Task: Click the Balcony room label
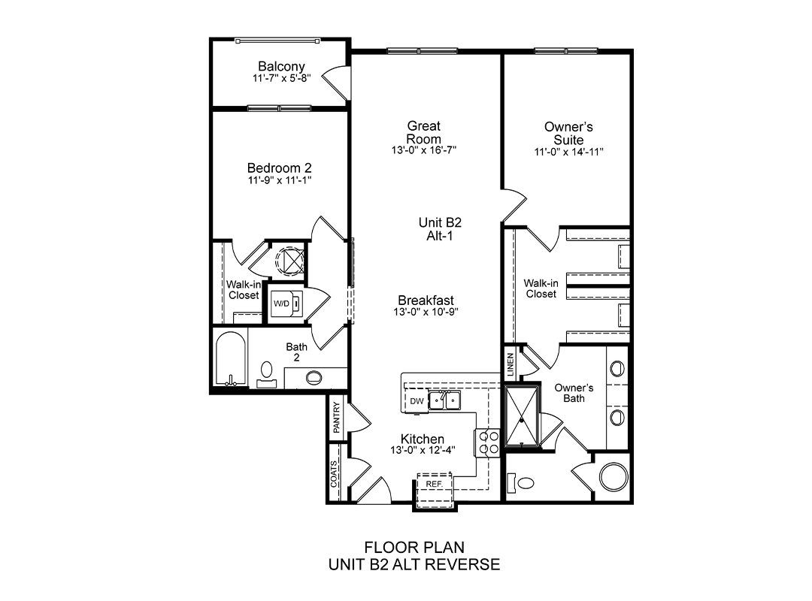281,66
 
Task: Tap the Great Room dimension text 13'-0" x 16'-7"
423,151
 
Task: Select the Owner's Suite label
568,133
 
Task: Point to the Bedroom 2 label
279,168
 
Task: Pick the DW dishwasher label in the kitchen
417,401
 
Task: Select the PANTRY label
337,417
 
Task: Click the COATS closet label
334,473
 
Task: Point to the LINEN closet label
511,364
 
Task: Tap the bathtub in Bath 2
231,359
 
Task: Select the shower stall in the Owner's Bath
522,415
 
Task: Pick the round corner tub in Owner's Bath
614,477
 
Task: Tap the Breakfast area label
426,300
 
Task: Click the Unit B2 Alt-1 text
440,229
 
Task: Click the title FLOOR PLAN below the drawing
414,547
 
